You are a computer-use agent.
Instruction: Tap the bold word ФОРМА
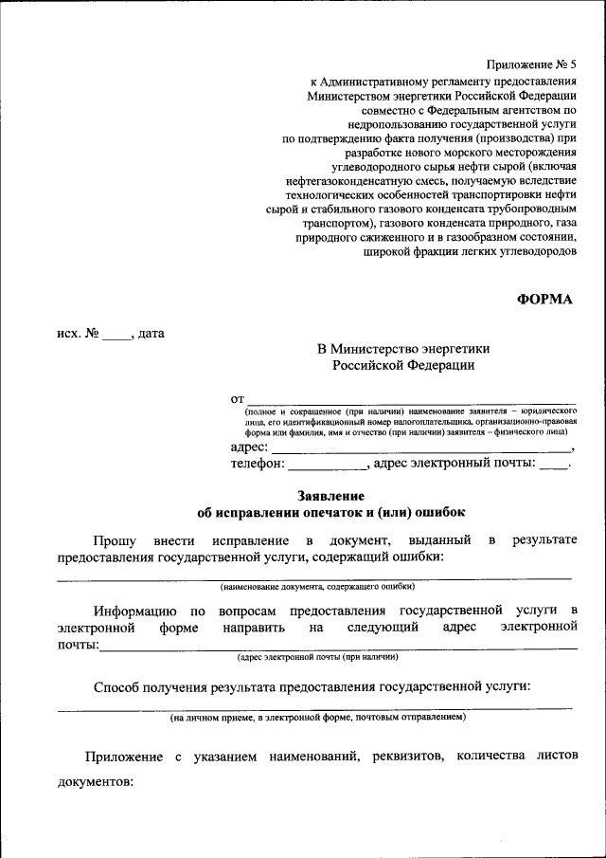545,299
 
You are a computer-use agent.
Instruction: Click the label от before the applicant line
238,398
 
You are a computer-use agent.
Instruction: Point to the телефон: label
257,464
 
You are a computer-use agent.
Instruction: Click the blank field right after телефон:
327,466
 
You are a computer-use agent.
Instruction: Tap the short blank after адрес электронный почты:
555,466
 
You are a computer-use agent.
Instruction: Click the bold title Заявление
330,496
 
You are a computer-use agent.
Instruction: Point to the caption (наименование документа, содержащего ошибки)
316,586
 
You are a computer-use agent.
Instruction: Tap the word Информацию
133,611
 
